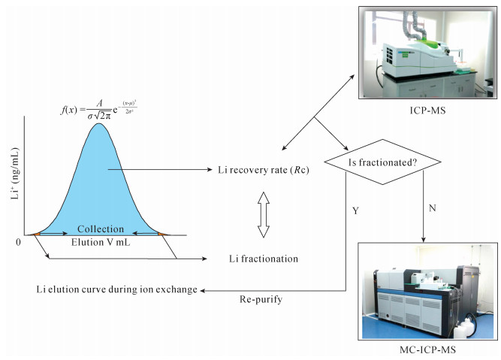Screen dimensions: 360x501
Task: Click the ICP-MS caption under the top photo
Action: [x=424, y=116]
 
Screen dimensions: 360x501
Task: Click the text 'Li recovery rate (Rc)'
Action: [x=267, y=170]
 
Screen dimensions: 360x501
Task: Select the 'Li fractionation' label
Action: [x=263, y=259]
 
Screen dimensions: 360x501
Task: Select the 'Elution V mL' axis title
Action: [x=98, y=244]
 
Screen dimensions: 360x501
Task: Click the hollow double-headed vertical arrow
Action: [x=262, y=214]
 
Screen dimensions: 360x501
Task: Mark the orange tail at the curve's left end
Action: [x=35, y=235]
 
